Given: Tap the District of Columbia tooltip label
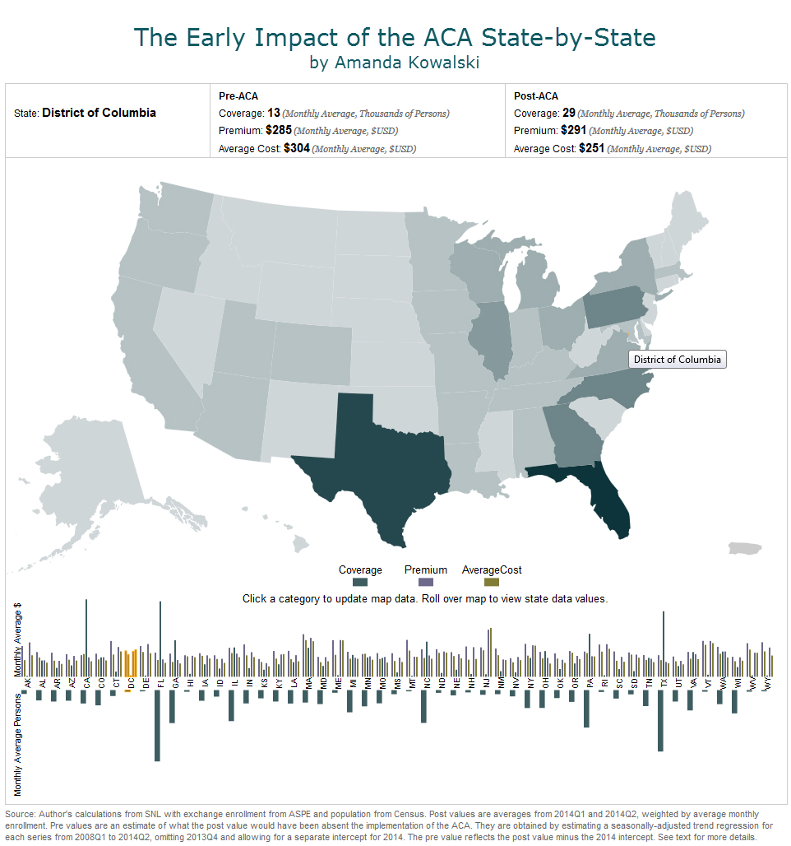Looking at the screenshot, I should [x=677, y=360].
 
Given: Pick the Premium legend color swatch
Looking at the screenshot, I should [x=425, y=582].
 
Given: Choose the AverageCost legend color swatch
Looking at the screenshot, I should [x=492, y=582].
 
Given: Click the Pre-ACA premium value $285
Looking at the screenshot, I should [x=279, y=131].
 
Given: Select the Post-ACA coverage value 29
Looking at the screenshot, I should [x=569, y=113].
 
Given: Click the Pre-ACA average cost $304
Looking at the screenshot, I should [x=297, y=149].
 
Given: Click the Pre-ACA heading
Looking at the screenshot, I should [x=238, y=96].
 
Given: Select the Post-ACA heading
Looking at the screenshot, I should [x=535, y=96].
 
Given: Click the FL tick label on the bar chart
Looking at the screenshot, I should [x=161, y=683].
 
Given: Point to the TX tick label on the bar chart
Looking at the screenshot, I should [x=664, y=683].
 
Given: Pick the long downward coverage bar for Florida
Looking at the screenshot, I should [x=157, y=724].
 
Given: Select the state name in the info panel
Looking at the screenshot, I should [x=99, y=113].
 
